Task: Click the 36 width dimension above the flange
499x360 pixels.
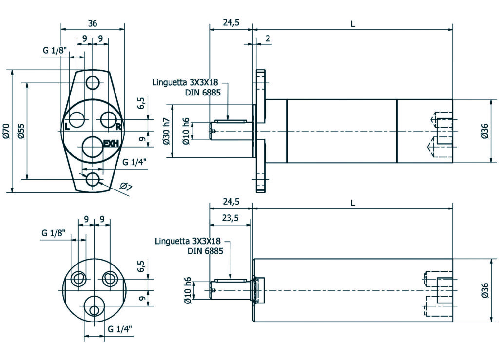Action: point(92,23)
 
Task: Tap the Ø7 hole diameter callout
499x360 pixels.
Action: point(126,186)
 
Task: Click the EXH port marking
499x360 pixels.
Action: point(111,143)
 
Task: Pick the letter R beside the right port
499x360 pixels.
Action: point(118,127)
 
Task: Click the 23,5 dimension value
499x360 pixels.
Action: point(230,218)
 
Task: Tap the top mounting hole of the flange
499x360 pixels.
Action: point(93,83)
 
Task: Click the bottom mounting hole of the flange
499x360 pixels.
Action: point(93,179)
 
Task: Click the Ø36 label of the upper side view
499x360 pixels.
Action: point(485,131)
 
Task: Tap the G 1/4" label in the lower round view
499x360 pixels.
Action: point(120,329)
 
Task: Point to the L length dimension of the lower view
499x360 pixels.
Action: point(352,202)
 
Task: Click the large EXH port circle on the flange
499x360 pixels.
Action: point(93,148)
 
